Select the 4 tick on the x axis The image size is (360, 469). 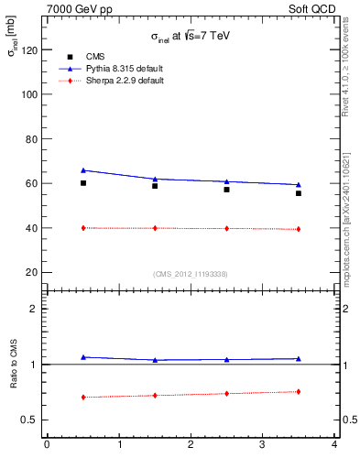(x=334, y=445)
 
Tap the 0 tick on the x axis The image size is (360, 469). (x=47, y=445)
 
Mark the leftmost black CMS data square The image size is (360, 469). (x=83, y=183)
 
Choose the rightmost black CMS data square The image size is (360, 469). (x=299, y=193)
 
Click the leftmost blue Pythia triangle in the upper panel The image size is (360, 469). (x=83, y=169)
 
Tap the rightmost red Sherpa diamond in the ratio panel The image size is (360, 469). (x=299, y=392)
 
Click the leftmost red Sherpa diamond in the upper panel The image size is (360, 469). (x=83, y=227)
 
